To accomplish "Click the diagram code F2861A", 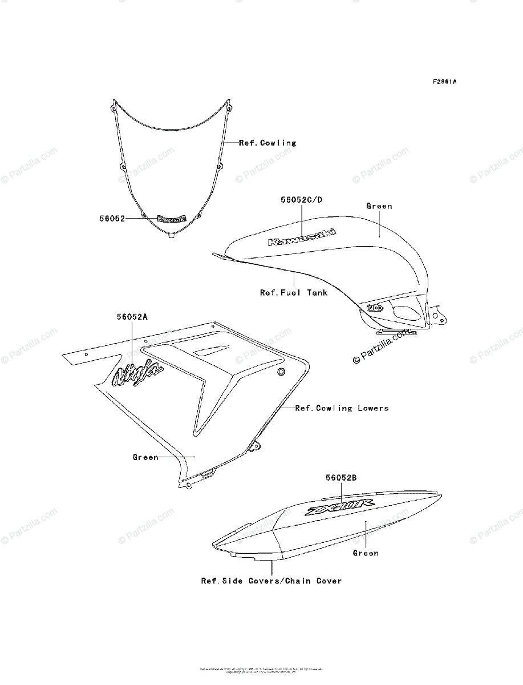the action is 444,82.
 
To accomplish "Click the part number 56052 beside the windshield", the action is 112,218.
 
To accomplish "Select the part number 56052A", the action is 132,316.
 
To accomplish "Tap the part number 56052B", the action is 341,477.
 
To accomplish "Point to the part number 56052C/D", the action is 301,200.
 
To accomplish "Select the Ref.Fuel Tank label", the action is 294,293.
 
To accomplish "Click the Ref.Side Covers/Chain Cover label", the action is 271,581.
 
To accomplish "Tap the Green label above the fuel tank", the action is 379,206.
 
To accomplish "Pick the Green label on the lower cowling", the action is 145,457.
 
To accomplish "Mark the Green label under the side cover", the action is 366,553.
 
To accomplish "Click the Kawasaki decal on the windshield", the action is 171,219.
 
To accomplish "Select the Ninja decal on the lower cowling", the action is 137,374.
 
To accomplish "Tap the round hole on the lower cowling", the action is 281,372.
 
